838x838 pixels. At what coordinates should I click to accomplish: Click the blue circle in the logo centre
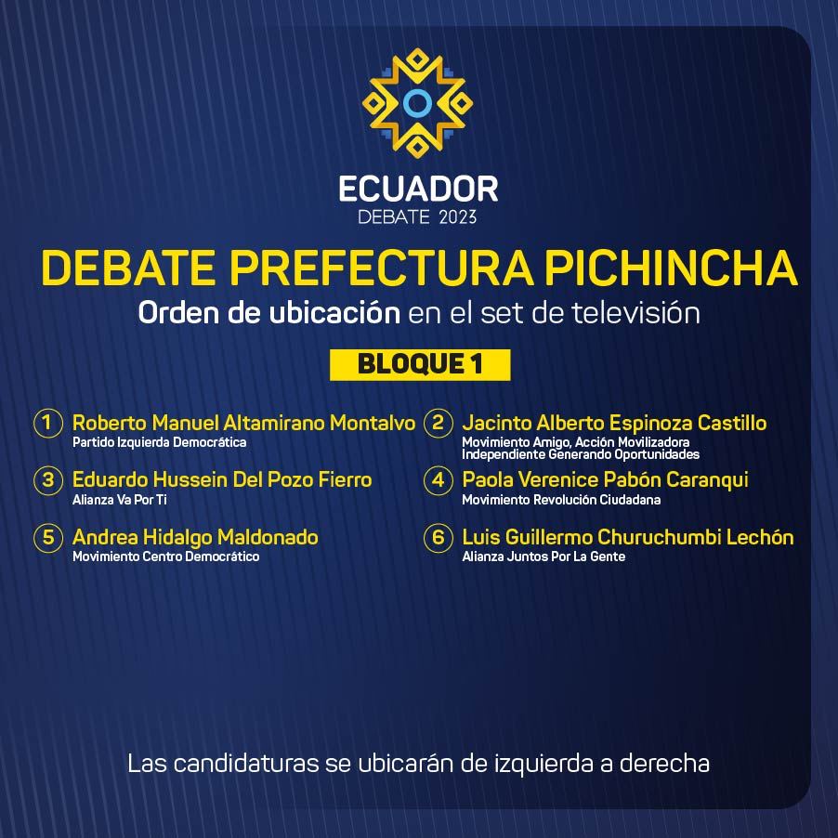(x=417, y=103)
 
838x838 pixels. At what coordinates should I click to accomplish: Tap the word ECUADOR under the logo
(x=418, y=190)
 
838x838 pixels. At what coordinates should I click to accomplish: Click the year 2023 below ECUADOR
(x=457, y=217)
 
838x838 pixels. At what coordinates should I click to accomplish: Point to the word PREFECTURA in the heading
(x=382, y=268)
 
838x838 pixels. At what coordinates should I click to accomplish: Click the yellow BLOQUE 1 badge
(x=420, y=365)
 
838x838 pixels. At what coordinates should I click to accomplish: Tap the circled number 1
(x=48, y=423)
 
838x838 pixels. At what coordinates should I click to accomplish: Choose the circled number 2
(x=439, y=423)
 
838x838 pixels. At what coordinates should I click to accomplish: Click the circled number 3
(x=48, y=480)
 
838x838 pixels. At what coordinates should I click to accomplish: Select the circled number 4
(x=439, y=480)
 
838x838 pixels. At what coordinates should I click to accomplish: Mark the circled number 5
(x=48, y=537)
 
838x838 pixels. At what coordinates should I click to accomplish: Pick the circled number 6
(x=439, y=537)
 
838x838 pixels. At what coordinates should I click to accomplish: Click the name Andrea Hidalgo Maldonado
(x=195, y=538)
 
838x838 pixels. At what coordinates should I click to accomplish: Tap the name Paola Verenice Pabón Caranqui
(x=605, y=480)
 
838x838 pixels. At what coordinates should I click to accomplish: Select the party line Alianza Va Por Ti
(x=120, y=500)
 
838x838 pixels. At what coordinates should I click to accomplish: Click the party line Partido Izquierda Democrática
(x=159, y=442)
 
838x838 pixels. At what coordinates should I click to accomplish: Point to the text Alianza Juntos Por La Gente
(x=543, y=556)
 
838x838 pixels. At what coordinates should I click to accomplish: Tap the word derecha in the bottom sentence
(x=664, y=764)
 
